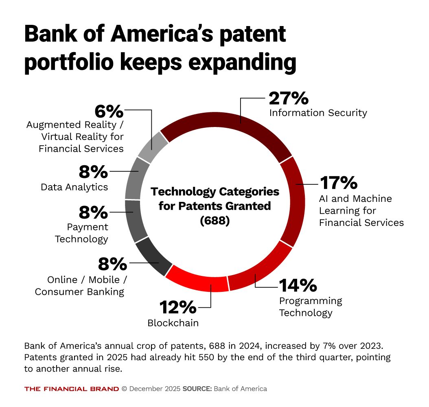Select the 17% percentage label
[x=339, y=183]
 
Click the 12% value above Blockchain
[x=178, y=307]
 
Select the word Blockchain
[x=173, y=323]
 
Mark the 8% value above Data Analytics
[x=93, y=172]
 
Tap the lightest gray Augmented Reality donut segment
[x=153, y=147]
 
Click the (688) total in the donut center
[x=215, y=221]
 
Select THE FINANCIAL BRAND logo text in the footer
[x=72, y=389]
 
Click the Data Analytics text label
[x=74, y=187]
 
